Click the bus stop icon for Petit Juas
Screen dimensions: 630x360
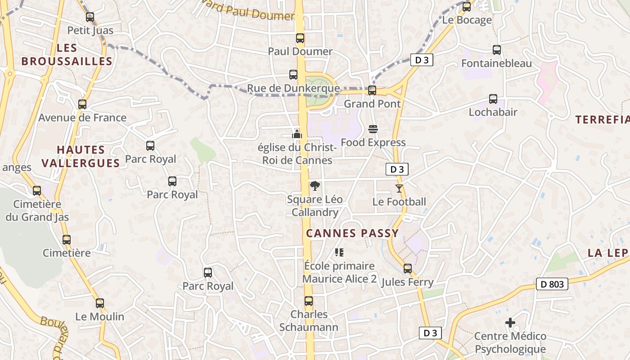pyautogui.click(x=90, y=17)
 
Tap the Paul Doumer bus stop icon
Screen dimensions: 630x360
pyautogui.click(x=300, y=38)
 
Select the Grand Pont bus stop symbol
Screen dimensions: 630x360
pyautogui.click(x=372, y=90)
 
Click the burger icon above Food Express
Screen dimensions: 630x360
pyautogui.click(x=373, y=129)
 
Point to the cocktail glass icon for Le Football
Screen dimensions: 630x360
pyautogui.click(x=399, y=188)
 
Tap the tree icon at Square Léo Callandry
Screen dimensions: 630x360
pyautogui.click(x=315, y=186)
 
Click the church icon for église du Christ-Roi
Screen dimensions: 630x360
pyautogui.click(x=297, y=134)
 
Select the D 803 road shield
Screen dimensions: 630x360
pyautogui.click(x=552, y=284)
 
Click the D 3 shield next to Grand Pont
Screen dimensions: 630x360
pyautogui.click(x=422, y=60)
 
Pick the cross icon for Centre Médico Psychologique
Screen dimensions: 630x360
pyautogui.click(x=510, y=323)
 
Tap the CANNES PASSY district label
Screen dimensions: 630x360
pyautogui.click(x=352, y=233)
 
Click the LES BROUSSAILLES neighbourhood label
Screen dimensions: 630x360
pyautogui.click(x=67, y=54)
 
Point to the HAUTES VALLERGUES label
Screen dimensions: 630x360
pyautogui.click(x=81, y=156)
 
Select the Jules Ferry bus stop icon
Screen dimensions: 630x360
pyautogui.click(x=408, y=269)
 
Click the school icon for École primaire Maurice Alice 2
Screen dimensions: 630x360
pyautogui.click(x=339, y=252)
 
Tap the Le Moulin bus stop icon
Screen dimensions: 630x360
pyautogui.click(x=100, y=303)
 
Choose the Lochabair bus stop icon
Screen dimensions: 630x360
pyautogui.click(x=493, y=99)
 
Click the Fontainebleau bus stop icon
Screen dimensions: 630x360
pyautogui.click(x=497, y=50)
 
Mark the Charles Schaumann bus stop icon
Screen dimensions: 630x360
pyautogui.click(x=309, y=301)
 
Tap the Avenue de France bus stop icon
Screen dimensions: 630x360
pyautogui.click(x=82, y=104)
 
